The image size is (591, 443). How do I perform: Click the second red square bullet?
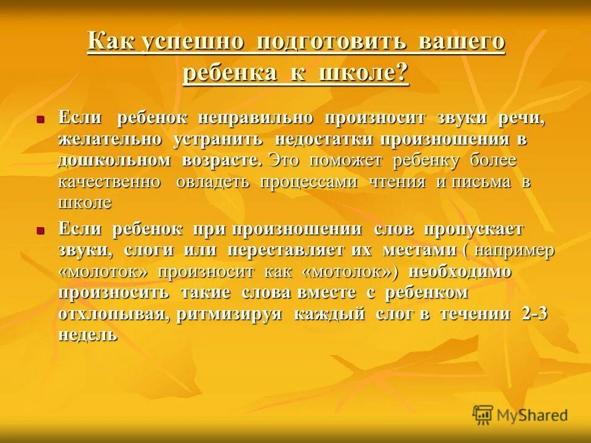pyautogui.click(x=40, y=230)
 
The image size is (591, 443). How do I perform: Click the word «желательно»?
pyautogui.click(x=110, y=139)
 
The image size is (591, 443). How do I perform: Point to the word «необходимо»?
pyautogui.click(x=460, y=271)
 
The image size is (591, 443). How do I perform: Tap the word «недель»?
pyautogui.click(x=87, y=335)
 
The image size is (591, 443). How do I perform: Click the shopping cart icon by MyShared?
pyautogui.click(x=483, y=415)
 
